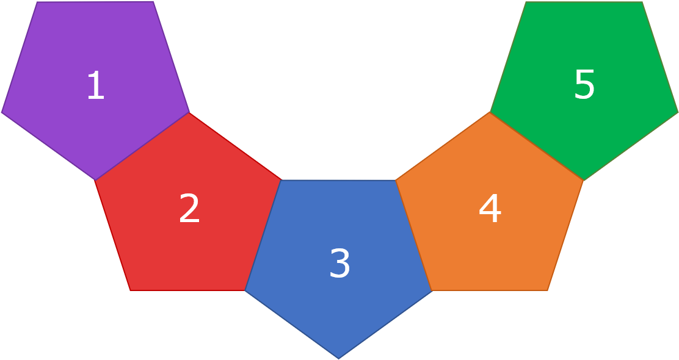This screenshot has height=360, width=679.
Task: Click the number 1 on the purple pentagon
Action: (96, 85)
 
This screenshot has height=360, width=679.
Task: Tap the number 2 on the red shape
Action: (189, 207)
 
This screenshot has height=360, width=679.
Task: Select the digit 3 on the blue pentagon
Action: (339, 262)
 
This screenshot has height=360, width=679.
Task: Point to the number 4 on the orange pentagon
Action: (490, 207)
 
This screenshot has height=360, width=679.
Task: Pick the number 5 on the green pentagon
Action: (584, 84)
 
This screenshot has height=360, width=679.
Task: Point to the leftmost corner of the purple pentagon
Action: (1, 112)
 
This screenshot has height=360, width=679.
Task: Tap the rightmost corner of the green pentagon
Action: (678, 112)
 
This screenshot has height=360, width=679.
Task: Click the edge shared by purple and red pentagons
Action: (142, 146)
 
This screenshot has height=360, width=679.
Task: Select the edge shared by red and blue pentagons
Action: (263, 235)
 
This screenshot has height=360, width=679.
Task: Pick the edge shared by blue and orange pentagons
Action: (414, 235)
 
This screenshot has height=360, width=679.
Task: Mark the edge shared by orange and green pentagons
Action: (537, 146)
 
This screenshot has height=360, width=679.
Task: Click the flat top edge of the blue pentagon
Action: (339, 180)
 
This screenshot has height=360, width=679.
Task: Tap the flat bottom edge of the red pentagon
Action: (187, 290)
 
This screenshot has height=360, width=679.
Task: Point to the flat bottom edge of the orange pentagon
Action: (490, 290)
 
